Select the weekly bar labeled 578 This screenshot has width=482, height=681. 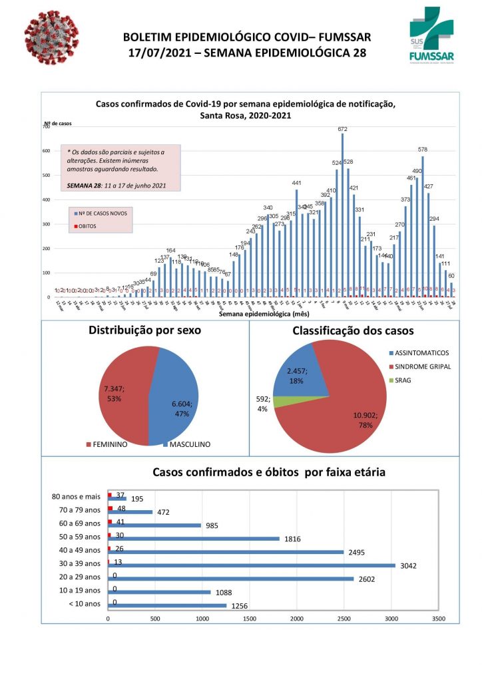(x=423, y=226)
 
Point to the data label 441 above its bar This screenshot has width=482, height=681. (x=297, y=183)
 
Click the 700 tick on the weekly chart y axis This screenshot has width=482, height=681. (x=47, y=127)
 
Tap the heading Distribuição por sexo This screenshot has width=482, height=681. (x=144, y=331)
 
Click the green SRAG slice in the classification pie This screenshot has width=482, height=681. (x=283, y=402)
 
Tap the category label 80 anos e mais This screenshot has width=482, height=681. (x=76, y=496)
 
